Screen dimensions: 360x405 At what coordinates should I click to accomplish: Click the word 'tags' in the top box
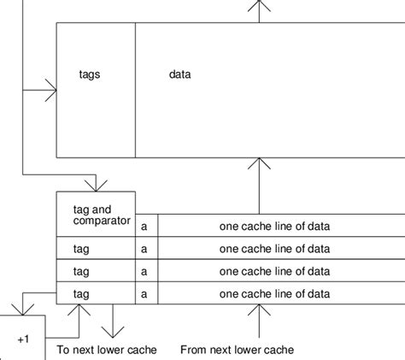(x=88, y=75)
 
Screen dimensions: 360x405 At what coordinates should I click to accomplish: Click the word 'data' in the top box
(x=179, y=75)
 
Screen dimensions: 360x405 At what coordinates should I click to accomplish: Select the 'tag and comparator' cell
(x=95, y=215)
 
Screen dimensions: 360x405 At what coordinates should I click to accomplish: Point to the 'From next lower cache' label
(x=237, y=350)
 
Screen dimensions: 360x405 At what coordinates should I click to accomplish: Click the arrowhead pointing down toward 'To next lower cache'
(x=111, y=332)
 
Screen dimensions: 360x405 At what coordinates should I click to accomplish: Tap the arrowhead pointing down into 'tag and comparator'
(x=96, y=185)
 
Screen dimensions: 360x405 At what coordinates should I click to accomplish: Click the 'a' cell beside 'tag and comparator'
(x=146, y=226)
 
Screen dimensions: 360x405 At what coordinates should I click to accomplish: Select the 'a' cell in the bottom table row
(x=146, y=293)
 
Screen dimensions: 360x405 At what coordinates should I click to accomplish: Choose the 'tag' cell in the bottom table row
(x=81, y=293)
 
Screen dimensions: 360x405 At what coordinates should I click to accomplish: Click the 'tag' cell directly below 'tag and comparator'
(x=81, y=249)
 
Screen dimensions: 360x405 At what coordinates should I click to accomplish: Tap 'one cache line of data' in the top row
(x=274, y=226)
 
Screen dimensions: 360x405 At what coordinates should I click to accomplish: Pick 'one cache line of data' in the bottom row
(x=274, y=293)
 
